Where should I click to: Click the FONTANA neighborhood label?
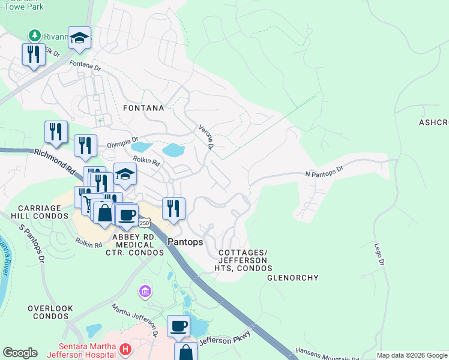pos(143,108)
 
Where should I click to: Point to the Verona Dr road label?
pos(206,136)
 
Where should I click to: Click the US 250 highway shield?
pos(144,223)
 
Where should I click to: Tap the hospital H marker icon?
pos(125,349)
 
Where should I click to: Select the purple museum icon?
pos(144,292)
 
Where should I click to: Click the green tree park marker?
pos(35,35)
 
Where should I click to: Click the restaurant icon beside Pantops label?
pos(173,208)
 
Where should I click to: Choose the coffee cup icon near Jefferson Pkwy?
pos(178,325)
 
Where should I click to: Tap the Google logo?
pos(20,353)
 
